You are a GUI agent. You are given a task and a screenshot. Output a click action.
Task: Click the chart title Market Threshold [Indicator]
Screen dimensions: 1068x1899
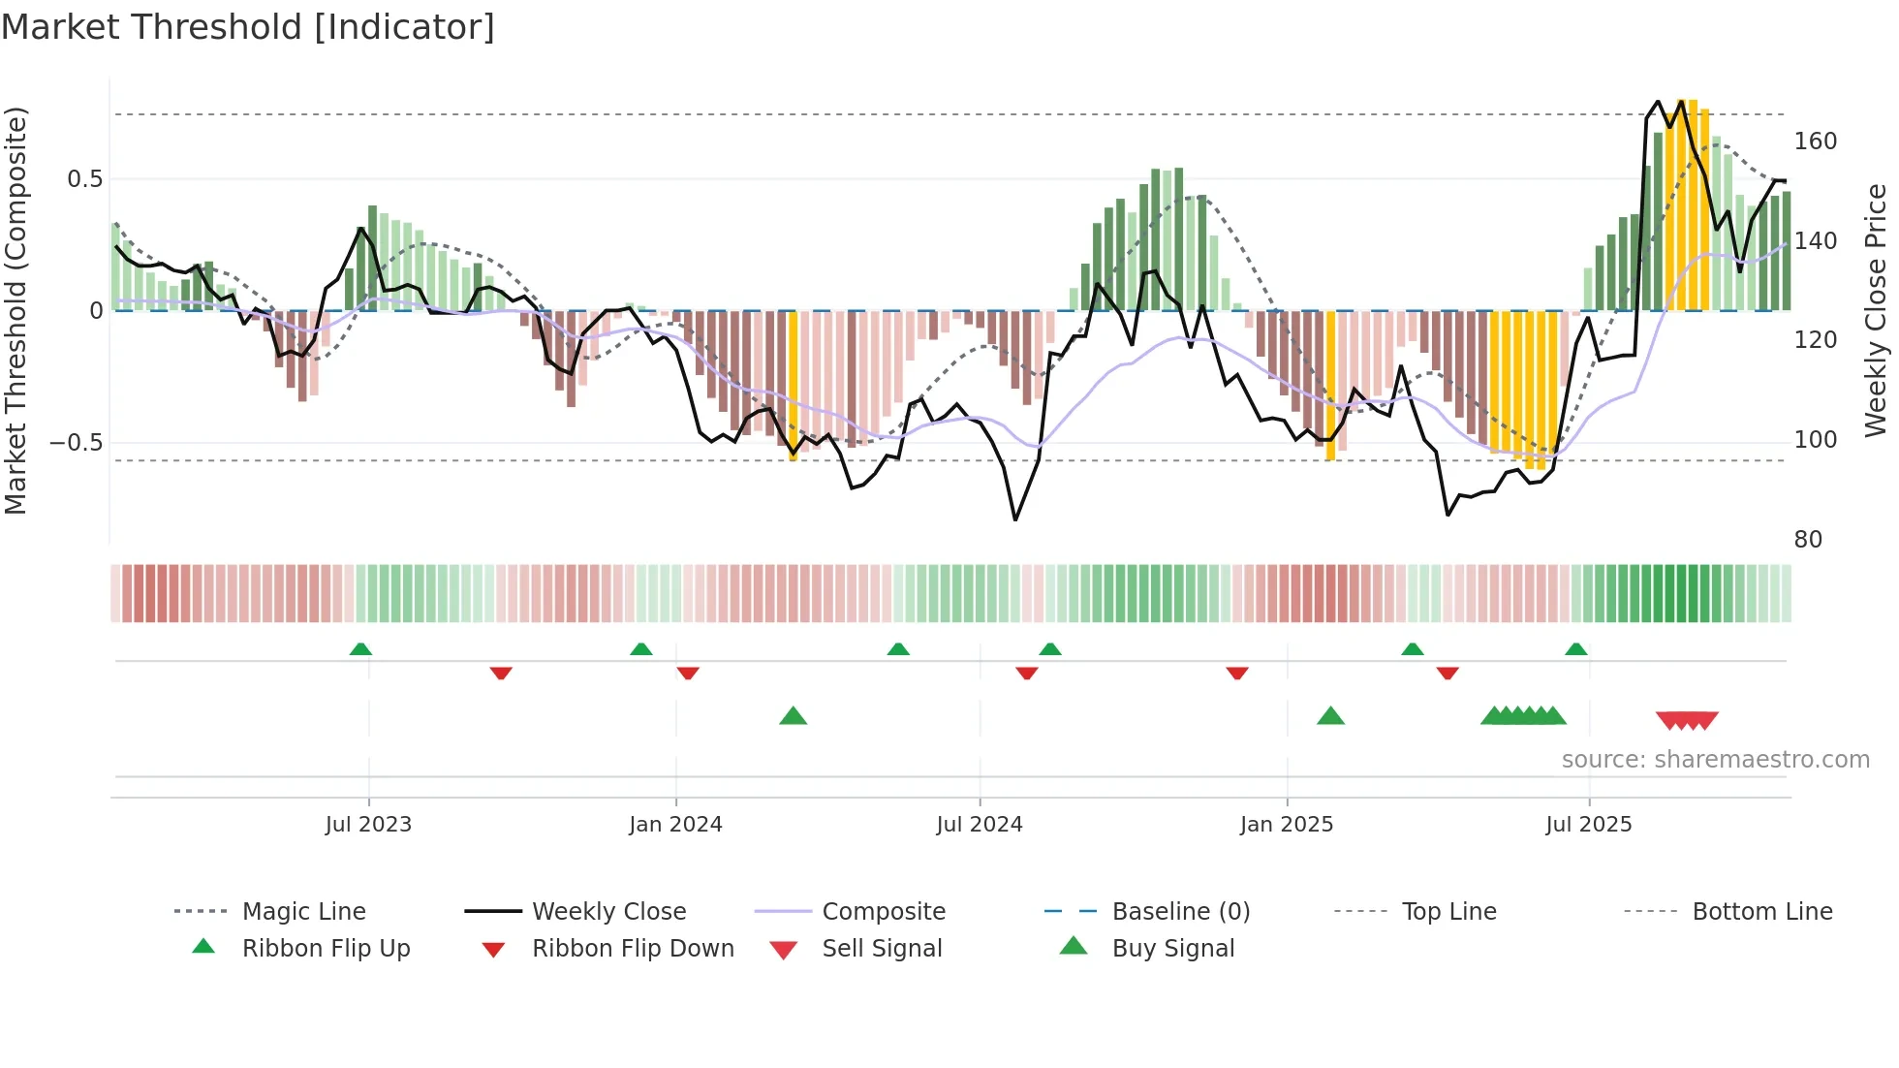[248, 27]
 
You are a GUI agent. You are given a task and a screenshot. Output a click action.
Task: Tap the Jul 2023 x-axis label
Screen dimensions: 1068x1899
[368, 825]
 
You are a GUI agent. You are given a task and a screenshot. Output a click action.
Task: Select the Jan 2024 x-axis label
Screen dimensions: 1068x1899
[675, 825]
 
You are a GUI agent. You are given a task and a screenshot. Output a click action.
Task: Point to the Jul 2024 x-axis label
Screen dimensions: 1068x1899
[980, 825]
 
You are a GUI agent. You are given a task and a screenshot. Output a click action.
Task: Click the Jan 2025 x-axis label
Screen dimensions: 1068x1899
[1287, 825]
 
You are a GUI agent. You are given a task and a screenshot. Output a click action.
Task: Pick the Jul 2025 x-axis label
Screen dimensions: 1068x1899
[1589, 825]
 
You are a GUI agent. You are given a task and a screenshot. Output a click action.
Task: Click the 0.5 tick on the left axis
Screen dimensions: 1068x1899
[85, 179]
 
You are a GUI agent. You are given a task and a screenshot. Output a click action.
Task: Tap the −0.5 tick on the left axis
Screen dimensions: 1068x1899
[77, 443]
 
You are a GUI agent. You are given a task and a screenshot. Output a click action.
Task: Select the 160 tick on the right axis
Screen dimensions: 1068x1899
[1815, 141]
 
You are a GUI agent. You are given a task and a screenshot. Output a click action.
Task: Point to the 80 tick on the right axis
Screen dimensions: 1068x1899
[1808, 540]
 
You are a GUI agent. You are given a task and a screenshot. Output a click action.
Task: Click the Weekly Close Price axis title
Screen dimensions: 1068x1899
[1876, 310]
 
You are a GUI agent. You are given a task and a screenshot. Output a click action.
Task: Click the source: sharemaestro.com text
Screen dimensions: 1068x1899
[1715, 760]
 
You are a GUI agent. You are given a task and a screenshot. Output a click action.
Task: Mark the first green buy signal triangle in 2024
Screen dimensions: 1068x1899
[793, 716]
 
